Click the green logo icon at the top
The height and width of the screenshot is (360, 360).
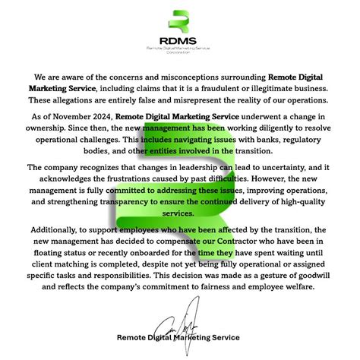point(180,24)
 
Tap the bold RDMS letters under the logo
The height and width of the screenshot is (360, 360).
point(180,41)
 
